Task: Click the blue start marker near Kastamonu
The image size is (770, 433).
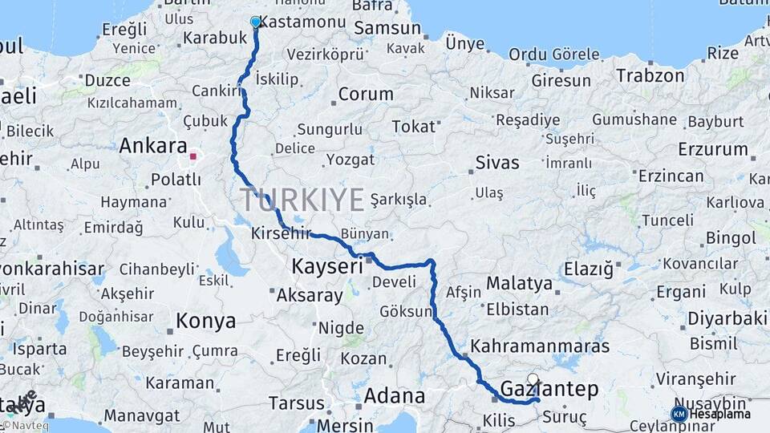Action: (256, 22)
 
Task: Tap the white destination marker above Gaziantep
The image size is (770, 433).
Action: (533, 378)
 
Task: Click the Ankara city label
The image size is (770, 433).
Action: (152, 146)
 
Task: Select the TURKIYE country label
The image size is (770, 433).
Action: (302, 200)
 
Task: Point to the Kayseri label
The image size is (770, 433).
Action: (327, 265)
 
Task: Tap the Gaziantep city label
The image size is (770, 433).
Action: (549, 390)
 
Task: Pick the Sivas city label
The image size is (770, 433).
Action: (497, 162)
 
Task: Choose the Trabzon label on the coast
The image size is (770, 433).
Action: (650, 75)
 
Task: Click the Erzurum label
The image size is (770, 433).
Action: (713, 149)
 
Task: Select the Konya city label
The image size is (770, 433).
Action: (206, 322)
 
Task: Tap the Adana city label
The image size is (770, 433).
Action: (395, 395)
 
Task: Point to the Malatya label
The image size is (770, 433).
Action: (519, 283)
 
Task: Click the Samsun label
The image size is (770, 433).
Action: (387, 28)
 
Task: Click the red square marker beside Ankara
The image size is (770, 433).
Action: (193, 156)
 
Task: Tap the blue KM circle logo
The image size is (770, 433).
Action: (679, 414)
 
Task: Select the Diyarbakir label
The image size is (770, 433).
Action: (727, 318)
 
